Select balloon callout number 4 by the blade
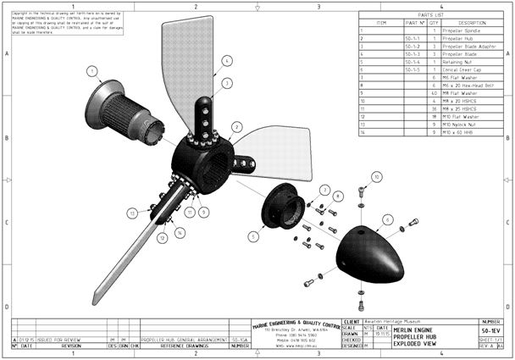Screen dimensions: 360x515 (227, 60)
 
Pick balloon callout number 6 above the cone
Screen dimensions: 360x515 (386, 219)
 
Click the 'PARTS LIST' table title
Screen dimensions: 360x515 (432, 15)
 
